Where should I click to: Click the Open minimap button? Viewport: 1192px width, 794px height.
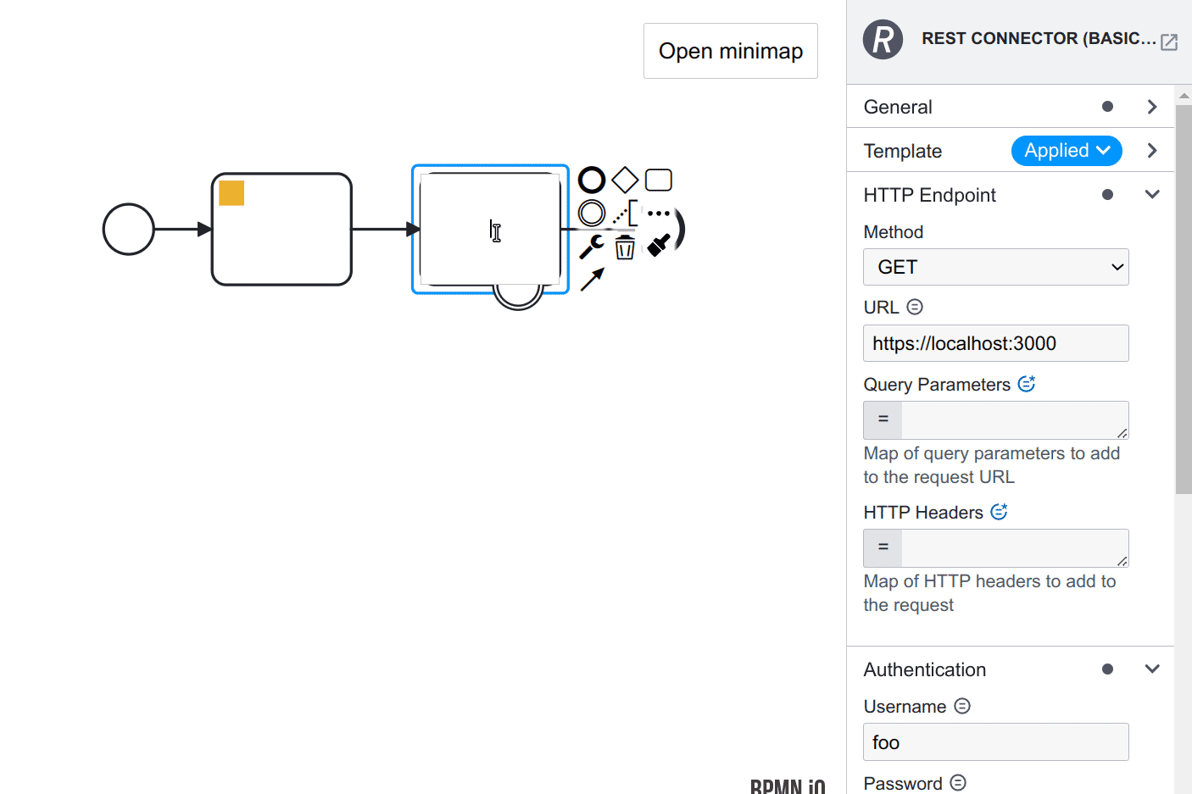[x=730, y=51]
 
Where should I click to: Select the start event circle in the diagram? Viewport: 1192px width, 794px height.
[x=129, y=229]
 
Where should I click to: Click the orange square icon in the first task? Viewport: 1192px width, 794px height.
[x=231, y=193]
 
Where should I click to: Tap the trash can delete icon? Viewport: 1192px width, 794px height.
[x=625, y=247]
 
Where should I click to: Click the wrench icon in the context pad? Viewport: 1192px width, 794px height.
[x=591, y=247]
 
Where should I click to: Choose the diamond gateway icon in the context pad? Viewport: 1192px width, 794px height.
[x=625, y=180]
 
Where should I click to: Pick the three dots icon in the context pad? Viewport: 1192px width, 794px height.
[x=659, y=214]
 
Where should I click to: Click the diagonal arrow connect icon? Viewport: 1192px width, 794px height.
[x=592, y=279]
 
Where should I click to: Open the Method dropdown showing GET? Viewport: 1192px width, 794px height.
[x=995, y=267]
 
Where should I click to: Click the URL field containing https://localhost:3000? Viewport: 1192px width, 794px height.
[x=995, y=343]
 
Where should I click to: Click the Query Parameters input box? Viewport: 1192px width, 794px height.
[x=1013, y=420]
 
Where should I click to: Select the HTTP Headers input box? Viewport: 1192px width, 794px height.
[x=1013, y=548]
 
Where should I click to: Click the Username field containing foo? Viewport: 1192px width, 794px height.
[x=995, y=742]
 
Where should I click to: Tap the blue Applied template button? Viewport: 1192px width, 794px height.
[x=1067, y=151]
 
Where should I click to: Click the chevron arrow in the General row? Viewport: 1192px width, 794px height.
[x=1151, y=107]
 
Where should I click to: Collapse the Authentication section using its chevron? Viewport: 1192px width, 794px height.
[x=1151, y=669]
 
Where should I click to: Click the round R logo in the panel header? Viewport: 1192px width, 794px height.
[x=883, y=39]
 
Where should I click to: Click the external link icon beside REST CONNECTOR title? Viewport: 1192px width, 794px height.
[x=1169, y=42]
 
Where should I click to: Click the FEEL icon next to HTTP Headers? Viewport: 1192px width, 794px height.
[x=999, y=512]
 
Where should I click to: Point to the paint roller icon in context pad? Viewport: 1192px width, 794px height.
[x=659, y=246]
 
